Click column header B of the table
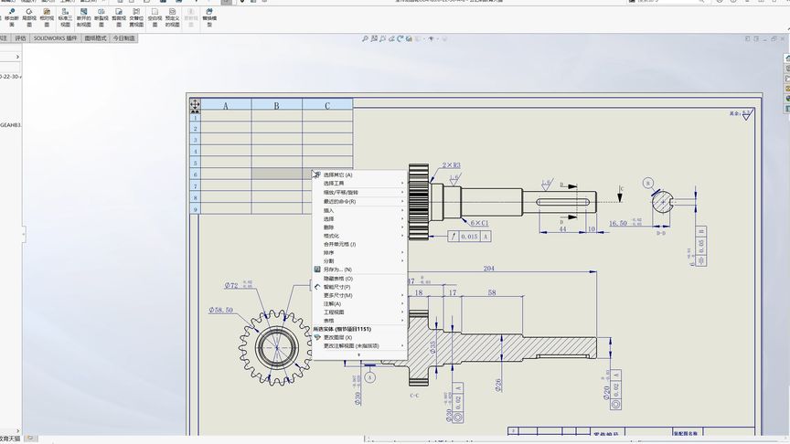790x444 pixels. coord(277,106)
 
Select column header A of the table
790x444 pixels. coord(226,106)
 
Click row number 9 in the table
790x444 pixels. coord(195,209)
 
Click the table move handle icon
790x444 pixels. coord(195,105)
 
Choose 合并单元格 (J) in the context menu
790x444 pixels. coord(340,244)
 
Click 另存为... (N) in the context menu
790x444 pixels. coord(337,270)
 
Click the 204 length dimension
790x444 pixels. coord(488,269)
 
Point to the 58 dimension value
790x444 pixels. coord(492,292)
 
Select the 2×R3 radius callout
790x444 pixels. coord(451,166)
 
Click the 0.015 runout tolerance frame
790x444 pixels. coord(470,236)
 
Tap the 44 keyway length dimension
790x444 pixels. coord(561,229)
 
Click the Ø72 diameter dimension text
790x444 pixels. coord(231,286)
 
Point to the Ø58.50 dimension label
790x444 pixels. coord(222,311)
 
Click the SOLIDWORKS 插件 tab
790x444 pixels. coord(55,39)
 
